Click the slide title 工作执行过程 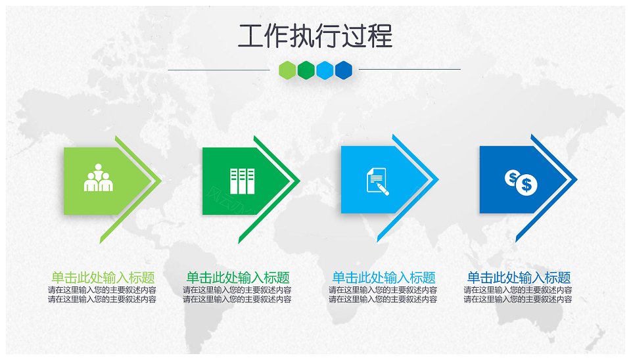click(x=315, y=35)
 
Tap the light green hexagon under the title click(x=288, y=70)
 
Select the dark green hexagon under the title click(x=306, y=70)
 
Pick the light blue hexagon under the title click(x=325, y=70)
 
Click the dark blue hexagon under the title click(x=343, y=70)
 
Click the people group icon click(x=98, y=178)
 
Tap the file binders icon click(x=242, y=181)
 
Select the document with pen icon click(x=377, y=181)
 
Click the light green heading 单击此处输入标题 click(x=103, y=277)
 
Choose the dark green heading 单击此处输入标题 click(x=238, y=277)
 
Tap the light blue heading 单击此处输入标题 click(x=383, y=277)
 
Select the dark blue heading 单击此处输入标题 click(x=519, y=277)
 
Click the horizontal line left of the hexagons click(x=219, y=70)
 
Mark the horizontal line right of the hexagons click(x=409, y=69)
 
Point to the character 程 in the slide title click(x=381, y=36)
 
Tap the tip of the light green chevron click(x=162, y=181)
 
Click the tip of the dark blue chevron click(x=578, y=179)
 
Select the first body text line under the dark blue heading click(x=518, y=290)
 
